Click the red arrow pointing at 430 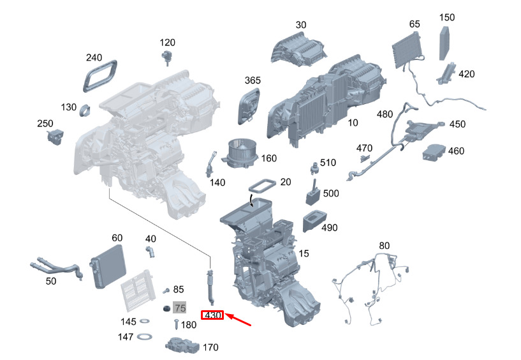(238, 319)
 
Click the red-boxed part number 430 (212, 315)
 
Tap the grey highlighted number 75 (180, 308)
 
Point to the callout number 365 (253, 80)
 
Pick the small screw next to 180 (176, 324)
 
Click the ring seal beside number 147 (145, 337)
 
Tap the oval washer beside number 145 (144, 321)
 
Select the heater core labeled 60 (107, 266)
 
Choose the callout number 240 (94, 57)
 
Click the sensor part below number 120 (167, 57)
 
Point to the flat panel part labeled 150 (445, 43)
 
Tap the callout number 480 (385, 114)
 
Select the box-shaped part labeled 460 (433, 153)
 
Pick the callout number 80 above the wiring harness (384, 246)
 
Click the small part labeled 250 (55, 137)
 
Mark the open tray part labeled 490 (314, 221)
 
